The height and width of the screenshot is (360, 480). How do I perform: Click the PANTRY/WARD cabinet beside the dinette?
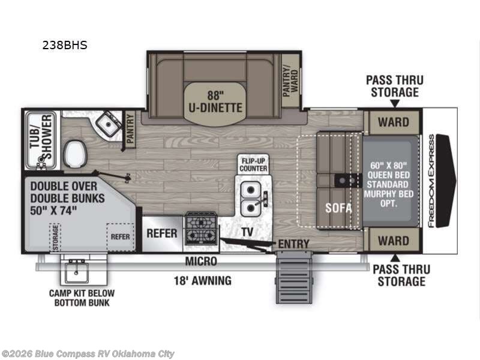(x=290, y=82)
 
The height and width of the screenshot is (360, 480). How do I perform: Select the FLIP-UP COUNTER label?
(x=253, y=165)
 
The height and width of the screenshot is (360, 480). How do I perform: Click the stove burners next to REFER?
(x=200, y=228)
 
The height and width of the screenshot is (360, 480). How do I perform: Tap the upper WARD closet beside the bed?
(x=393, y=122)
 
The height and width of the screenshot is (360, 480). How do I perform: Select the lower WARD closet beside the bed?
(x=393, y=241)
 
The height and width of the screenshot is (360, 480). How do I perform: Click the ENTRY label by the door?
(x=293, y=244)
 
